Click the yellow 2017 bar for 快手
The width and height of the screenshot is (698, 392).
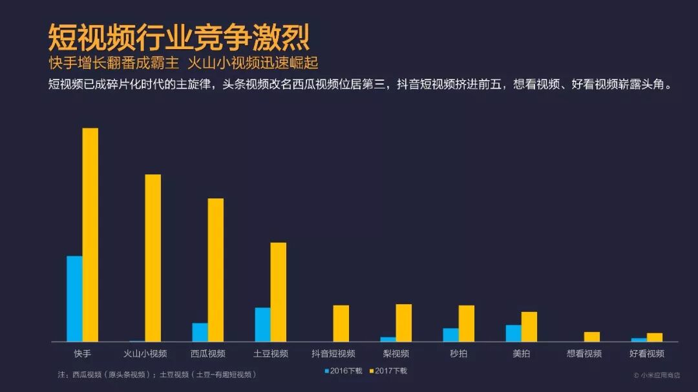pos(90,234)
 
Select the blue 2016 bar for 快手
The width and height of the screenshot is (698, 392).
pos(74,298)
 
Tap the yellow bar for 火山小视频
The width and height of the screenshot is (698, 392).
pos(153,258)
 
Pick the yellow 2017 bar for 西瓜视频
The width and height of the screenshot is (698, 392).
pos(216,269)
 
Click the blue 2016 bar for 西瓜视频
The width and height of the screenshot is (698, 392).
pos(200,332)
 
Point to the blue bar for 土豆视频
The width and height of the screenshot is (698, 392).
pos(262,324)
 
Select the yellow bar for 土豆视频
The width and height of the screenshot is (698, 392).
pos(279,292)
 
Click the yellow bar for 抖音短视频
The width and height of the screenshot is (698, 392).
pos(341,323)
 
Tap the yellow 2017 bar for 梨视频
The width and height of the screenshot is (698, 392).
pos(404,322)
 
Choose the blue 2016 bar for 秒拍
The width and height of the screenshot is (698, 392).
pos(450,335)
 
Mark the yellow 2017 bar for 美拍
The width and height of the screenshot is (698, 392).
pos(529,326)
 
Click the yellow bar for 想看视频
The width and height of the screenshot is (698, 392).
pos(592,336)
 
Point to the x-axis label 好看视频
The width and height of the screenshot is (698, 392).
pos(647,354)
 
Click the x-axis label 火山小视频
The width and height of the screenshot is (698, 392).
pos(145,354)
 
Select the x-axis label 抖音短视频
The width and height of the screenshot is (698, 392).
pos(333,354)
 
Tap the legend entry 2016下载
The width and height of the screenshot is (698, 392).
pos(343,371)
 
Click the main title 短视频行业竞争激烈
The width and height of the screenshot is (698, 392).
pos(179,38)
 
